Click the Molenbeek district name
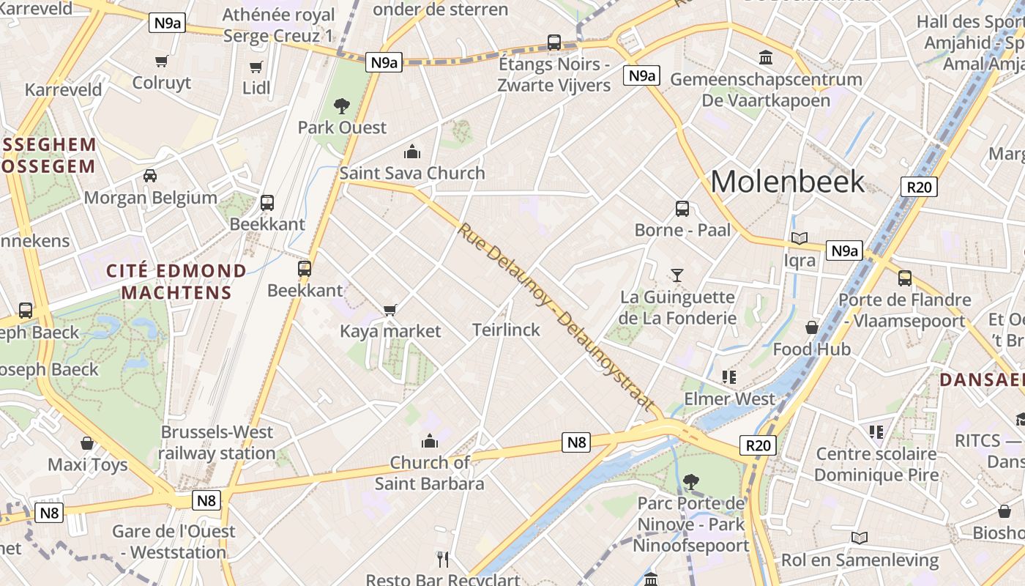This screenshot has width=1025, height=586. pyautogui.click(x=788, y=181)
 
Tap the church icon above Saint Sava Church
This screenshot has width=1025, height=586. pyautogui.click(x=412, y=152)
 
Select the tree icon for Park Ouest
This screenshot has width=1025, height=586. pyautogui.click(x=342, y=106)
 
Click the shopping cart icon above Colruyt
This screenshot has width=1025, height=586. pyautogui.click(x=161, y=61)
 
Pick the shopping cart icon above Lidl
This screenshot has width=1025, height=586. pyautogui.click(x=256, y=67)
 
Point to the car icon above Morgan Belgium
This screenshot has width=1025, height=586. pyautogui.click(x=150, y=176)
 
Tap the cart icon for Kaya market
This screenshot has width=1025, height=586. pyautogui.click(x=390, y=310)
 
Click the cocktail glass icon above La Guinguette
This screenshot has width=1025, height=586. pyautogui.click(x=677, y=275)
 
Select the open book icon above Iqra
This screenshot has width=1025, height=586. pyautogui.click(x=799, y=239)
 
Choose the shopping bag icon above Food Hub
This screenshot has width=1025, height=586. pyautogui.click(x=812, y=327)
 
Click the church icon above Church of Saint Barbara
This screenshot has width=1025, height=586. pyautogui.click(x=430, y=441)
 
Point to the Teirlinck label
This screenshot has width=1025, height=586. pyautogui.click(x=506, y=330)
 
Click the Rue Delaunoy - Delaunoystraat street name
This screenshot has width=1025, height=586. pyautogui.click(x=556, y=316)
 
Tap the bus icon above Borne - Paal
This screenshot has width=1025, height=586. pyautogui.click(x=682, y=209)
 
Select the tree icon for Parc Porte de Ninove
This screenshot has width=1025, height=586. pyautogui.click(x=690, y=481)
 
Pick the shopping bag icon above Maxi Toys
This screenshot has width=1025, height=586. pyautogui.click(x=87, y=443)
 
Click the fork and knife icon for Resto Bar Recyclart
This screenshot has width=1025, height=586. pyautogui.click(x=442, y=560)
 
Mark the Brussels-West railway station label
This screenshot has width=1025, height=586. pyautogui.click(x=217, y=442)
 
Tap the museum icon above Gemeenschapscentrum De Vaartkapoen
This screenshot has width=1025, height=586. pyautogui.click(x=766, y=57)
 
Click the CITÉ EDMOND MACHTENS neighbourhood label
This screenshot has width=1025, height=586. pyautogui.click(x=176, y=281)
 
